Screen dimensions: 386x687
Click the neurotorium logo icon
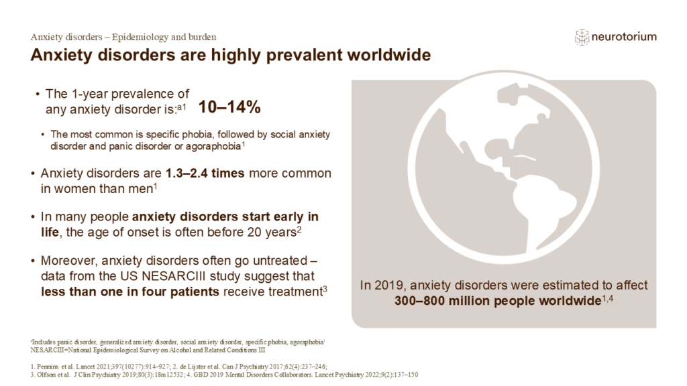582,38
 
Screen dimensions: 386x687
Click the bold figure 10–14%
229,108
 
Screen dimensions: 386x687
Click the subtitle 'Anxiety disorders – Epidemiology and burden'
123,37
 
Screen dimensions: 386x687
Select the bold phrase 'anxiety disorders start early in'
225,216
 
